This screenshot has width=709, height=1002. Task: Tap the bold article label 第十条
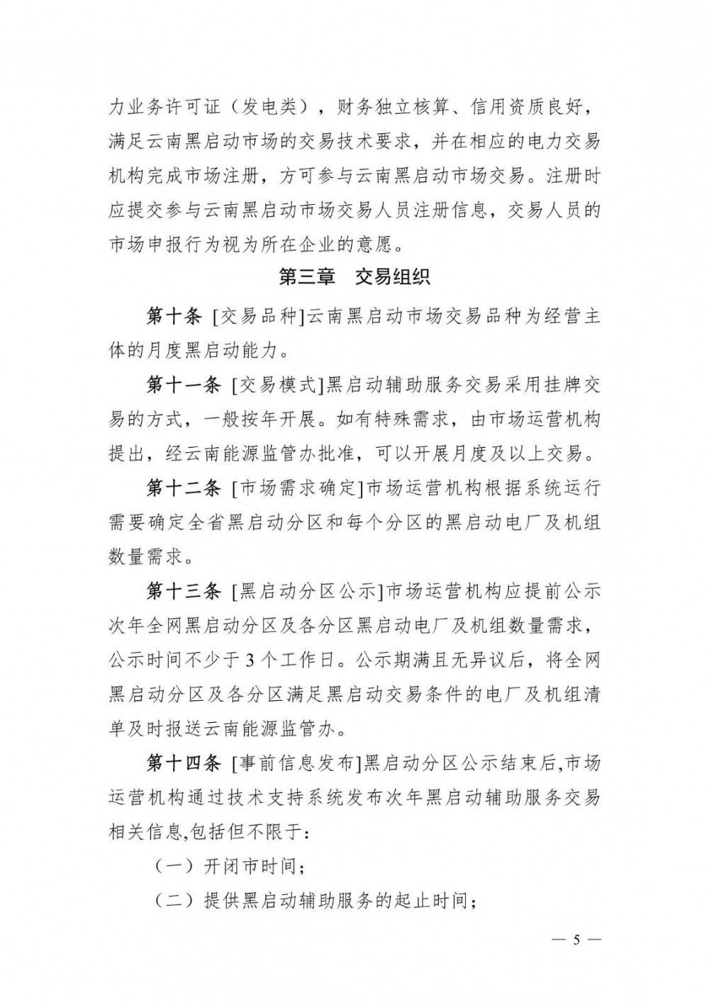pyautogui.click(x=174, y=317)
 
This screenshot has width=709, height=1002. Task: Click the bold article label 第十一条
pyautogui.click(x=184, y=386)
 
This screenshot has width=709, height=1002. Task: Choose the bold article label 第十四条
pyautogui.click(x=184, y=764)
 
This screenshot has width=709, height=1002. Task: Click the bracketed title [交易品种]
pyautogui.click(x=257, y=317)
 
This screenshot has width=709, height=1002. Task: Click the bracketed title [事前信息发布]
pyautogui.click(x=297, y=764)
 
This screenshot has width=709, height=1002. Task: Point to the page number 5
pyautogui.click(x=576, y=940)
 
